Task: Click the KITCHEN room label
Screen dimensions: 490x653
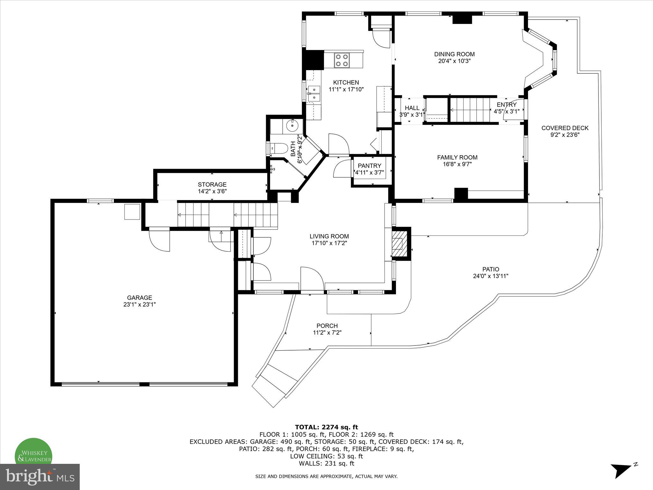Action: [x=346, y=82]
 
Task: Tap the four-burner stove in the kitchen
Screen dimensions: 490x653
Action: [x=342, y=60]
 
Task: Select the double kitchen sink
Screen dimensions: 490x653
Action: [x=314, y=93]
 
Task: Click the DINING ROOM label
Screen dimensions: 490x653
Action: [x=454, y=54]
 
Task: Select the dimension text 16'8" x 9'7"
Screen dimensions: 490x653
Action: [x=457, y=164]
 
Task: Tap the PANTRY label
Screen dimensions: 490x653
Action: [x=369, y=166]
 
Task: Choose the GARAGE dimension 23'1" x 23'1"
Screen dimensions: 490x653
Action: [x=139, y=305]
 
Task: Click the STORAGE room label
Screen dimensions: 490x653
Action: [x=212, y=184]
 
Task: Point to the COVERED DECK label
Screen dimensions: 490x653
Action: [x=565, y=128]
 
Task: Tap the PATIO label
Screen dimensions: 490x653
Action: [x=490, y=269]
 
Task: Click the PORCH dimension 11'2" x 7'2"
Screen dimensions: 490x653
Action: [x=327, y=332]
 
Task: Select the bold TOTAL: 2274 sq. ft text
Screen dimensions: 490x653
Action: [x=326, y=427]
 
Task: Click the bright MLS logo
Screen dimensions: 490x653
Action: [x=40, y=477]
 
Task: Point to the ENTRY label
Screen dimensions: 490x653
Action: [x=506, y=105]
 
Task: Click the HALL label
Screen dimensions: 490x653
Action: [x=412, y=108]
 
